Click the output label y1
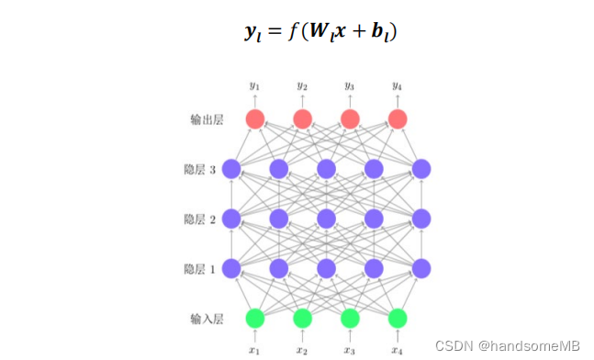(255, 86)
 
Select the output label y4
(398, 86)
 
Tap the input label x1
(255, 349)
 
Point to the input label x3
(350, 349)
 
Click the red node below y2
(302, 118)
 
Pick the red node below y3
(350, 118)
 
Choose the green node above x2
(302, 318)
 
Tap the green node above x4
(398, 318)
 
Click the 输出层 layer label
(207, 119)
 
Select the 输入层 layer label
(207, 319)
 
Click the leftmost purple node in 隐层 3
(230, 169)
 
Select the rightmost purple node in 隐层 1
(421, 268)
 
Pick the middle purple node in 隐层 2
(326, 219)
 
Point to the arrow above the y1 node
(255, 100)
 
